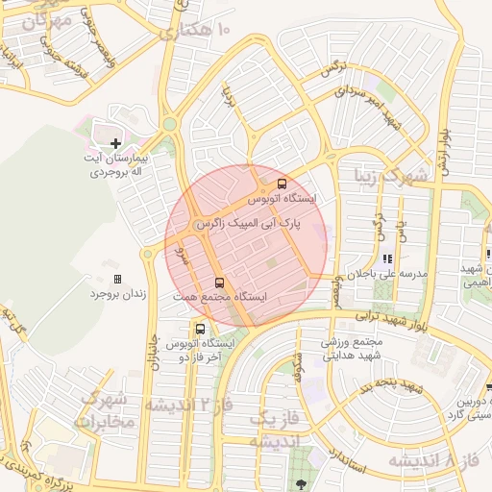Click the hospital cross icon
pyautogui.click(x=116, y=143)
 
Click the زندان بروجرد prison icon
pyautogui.click(x=118, y=279)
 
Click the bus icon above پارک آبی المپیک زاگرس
pyautogui.click(x=282, y=184)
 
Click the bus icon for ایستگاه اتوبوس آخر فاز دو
pyautogui.click(x=200, y=329)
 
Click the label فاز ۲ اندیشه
pyautogui.click(x=189, y=404)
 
